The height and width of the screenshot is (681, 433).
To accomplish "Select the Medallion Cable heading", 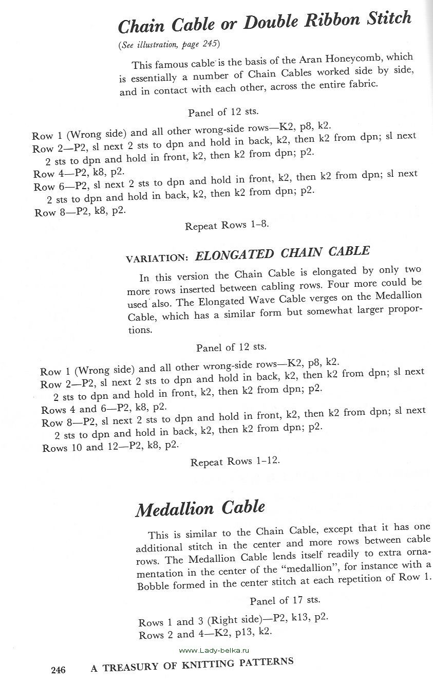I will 200,508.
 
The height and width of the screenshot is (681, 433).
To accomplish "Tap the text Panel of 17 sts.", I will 285,600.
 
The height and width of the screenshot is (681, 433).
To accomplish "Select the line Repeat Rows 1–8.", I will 227,225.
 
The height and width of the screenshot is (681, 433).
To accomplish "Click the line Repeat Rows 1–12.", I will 235,462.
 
